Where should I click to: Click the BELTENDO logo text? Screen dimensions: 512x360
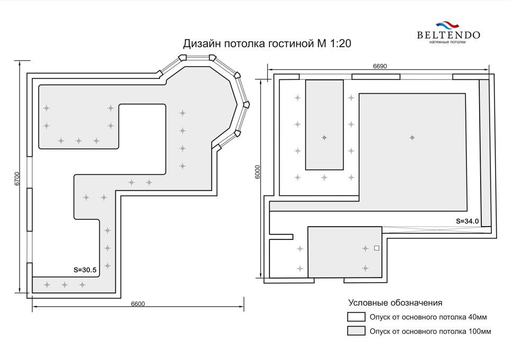(x=448, y=35)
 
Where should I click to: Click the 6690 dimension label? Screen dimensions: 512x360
(x=380, y=66)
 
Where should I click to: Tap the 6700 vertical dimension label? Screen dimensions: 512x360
(x=17, y=178)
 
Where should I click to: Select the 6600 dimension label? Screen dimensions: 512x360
(x=138, y=304)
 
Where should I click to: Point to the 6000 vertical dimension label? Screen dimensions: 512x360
(x=257, y=172)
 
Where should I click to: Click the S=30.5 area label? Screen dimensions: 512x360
(x=85, y=270)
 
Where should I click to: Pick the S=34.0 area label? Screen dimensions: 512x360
(x=468, y=221)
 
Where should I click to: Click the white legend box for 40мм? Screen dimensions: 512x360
(x=356, y=317)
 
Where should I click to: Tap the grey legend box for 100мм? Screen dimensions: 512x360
(x=356, y=331)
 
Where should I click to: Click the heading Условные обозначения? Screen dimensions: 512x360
(x=395, y=302)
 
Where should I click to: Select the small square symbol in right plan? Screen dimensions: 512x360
(x=376, y=248)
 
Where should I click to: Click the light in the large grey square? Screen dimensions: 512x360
(x=412, y=138)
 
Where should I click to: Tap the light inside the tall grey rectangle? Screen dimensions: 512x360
(x=324, y=138)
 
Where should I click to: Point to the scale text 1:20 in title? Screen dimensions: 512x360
(x=341, y=43)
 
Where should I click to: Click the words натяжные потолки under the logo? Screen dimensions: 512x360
(x=447, y=42)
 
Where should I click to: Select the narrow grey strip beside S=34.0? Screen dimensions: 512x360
(x=485, y=153)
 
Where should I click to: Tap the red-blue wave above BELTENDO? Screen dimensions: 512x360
(x=448, y=25)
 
